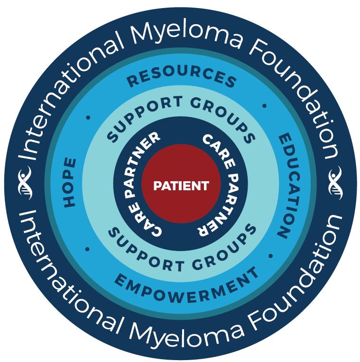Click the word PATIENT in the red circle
[x=181, y=186]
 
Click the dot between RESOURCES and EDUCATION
[x=265, y=106]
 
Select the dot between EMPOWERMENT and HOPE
[x=87, y=249]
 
